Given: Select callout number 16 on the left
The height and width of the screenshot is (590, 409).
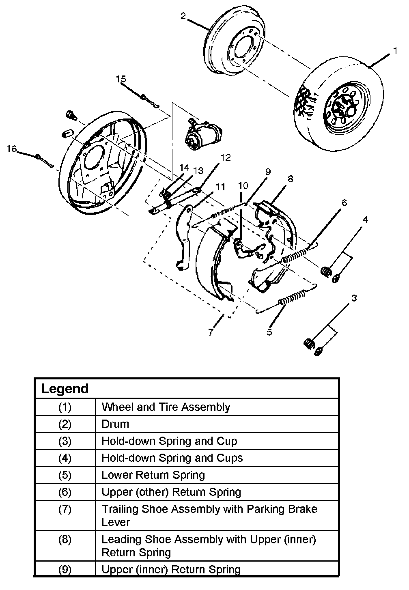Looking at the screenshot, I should pyautogui.click(x=11, y=149).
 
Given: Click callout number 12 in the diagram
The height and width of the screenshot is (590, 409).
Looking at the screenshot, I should pyautogui.click(x=225, y=157).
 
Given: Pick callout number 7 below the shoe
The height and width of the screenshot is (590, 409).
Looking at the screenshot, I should pyautogui.click(x=211, y=332).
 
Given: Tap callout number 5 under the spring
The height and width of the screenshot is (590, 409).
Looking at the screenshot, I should pyautogui.click(x=269, y=332).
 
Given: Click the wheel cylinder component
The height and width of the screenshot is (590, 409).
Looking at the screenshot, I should pyautogui.click(x=202, y=135).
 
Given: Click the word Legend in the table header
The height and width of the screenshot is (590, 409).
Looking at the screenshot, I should pyautogui.click(x=65, y=389).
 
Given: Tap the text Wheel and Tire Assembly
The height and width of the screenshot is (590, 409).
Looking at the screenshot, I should pyautogui.click(x=166, y=407).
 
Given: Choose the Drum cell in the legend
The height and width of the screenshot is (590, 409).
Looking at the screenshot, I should pyautogui.click(x=115, y=424).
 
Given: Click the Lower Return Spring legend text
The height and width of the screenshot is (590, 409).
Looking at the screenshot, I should pyautogui.click(x=153, y=475).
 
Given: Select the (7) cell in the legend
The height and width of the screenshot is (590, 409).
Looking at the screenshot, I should pyautogui.click(x=65, y=509).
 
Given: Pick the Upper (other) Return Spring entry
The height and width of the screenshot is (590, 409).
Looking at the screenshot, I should pyautogui.click(x=171, y=492).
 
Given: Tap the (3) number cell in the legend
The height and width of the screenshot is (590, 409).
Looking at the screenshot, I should pyautogui.click(x=65, y=441).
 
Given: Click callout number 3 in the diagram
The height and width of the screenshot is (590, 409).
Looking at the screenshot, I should pyautogui.click(x=354, y=299).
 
